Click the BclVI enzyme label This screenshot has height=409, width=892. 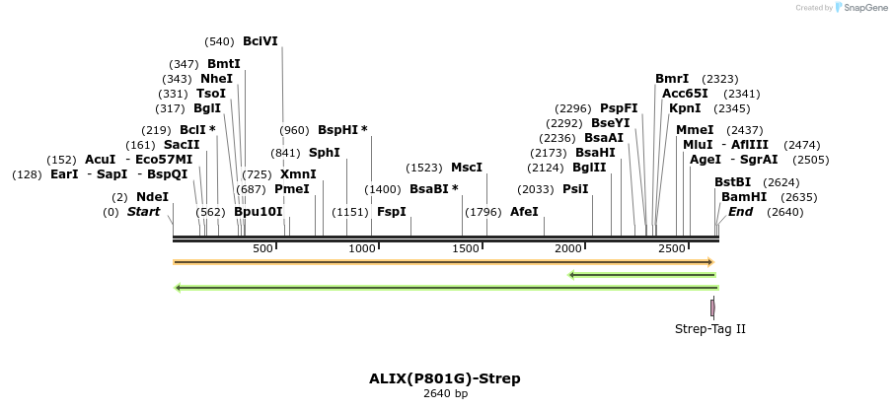coord(260,41)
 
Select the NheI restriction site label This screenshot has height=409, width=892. coord(216,79)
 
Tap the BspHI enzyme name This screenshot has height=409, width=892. coord(338,130)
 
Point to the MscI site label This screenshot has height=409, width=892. coord(467,168)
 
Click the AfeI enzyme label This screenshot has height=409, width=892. coord(524,212)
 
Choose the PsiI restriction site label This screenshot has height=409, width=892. coord(575,189)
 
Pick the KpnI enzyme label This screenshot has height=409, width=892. coord(685,108)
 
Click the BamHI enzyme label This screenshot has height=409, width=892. coord(744,197)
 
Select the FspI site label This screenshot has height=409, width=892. coord(391,212)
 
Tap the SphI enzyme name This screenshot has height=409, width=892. coord(324,153)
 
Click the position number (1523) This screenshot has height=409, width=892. coord(424,168)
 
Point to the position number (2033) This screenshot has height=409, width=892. coord(537,189)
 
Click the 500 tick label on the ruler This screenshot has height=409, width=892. coord(262,248)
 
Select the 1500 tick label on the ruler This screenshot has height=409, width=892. coord(466,248)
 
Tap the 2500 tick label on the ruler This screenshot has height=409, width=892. coord(672,248)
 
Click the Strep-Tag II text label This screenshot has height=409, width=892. coord(710,328)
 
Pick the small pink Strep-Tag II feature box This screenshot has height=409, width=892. coord(712,308)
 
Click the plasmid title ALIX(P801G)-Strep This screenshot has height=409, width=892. coord(445,378)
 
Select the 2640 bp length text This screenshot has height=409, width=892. coord(445,394)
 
